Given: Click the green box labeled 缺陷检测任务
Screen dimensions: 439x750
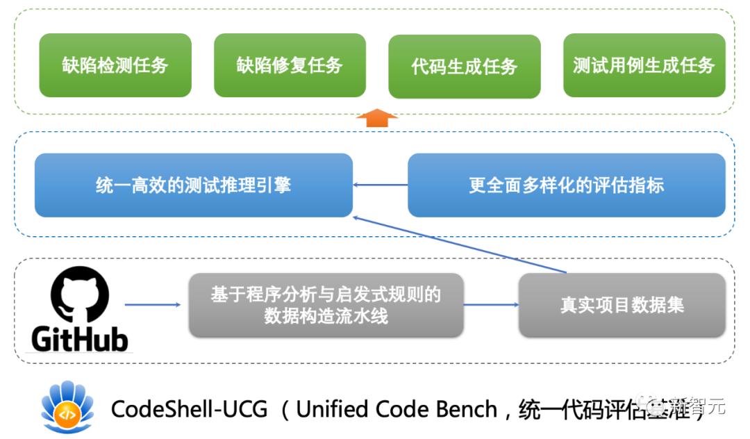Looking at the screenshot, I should (x=115, y=66).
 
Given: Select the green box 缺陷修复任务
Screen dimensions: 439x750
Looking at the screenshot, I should (x=290, y=66).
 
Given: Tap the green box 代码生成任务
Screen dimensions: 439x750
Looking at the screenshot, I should (x=464, y=67).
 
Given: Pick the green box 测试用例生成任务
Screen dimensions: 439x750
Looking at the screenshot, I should (x=644, y=66).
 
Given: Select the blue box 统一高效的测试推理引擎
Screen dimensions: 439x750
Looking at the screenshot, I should (x=193, y=185).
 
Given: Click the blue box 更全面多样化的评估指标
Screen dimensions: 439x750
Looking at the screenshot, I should (x=566, y=185).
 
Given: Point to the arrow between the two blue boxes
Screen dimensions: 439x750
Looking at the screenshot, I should (x=380, y=185).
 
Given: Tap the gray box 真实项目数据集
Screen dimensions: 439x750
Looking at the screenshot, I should (x=622, y=305).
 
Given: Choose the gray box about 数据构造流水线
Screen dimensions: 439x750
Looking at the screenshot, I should (x=326, y=305).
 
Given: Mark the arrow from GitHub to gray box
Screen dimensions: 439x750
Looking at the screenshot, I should (x=152, y=305).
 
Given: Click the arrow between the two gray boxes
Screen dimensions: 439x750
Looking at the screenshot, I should (x=490, y=305).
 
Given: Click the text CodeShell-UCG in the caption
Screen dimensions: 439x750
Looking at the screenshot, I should (x=189, y=409).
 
